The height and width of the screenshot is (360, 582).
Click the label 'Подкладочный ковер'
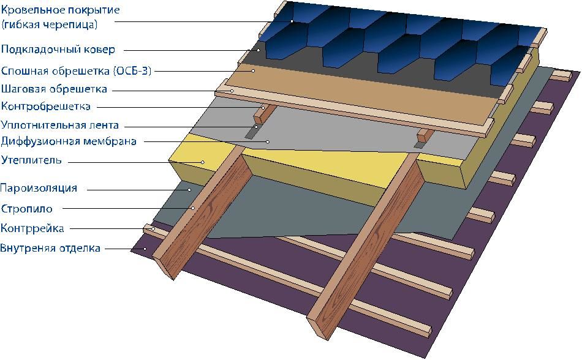pos(58,50)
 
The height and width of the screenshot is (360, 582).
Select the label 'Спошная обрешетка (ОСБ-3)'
pos(77,70)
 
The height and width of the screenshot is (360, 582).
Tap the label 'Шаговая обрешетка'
pos(54,89)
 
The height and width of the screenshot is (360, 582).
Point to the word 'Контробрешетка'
pos(46,107)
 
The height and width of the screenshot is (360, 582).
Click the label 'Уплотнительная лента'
pos(60,124)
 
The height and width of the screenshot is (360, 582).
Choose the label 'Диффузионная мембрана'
pos(69,141)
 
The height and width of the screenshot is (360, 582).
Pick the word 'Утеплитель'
pos(31,160)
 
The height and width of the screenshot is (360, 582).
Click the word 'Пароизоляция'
pos(39,188)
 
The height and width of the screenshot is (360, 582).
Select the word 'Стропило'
pos(27,209)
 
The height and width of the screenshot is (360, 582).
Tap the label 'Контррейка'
pos(32,228)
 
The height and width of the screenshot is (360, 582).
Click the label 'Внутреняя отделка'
pos(50,248)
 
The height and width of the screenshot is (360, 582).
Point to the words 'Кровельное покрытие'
pos(61,9)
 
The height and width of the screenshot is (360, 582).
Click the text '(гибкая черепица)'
pos(50,24)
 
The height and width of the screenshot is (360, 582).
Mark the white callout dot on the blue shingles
pos(292,21)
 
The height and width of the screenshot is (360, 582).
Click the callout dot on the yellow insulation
pos(203,162)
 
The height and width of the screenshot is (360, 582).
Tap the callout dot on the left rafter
pos(193,208)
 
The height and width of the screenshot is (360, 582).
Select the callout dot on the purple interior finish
pos(146,249)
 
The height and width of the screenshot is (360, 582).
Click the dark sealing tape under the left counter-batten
pos(252,132)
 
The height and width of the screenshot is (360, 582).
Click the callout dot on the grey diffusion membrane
pos(268,141)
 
